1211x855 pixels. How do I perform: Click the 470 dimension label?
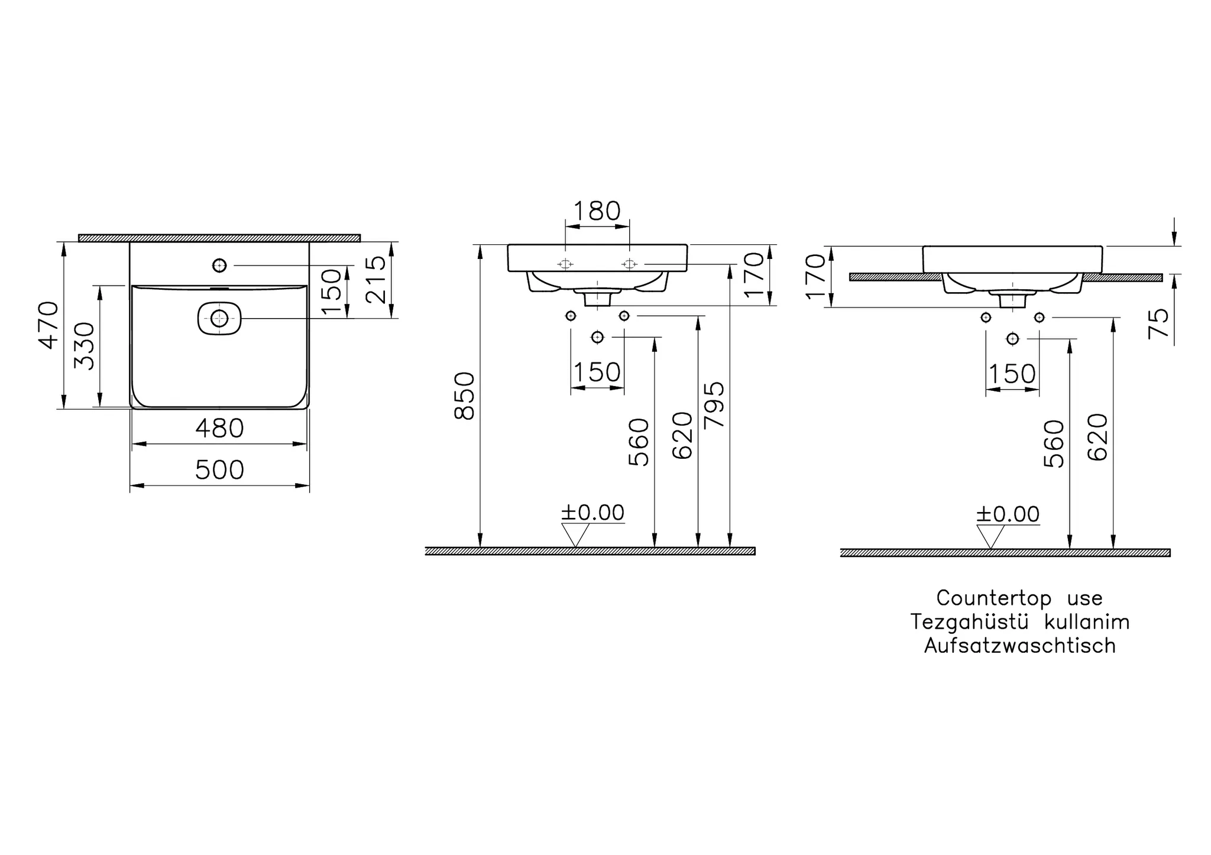49,325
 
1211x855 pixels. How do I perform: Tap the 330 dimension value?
85,346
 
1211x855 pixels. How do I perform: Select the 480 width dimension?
219,429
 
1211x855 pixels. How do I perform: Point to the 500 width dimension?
219,471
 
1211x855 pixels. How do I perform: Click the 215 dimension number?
376,280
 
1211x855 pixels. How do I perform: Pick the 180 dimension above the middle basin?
597,211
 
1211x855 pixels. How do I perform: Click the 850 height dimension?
465,396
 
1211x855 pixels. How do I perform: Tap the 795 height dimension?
715,404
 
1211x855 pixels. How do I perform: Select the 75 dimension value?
1160,323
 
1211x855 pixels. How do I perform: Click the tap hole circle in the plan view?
219,265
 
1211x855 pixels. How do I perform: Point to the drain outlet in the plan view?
219,319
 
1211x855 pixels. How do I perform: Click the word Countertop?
994,598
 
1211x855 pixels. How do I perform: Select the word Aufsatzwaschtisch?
1020,646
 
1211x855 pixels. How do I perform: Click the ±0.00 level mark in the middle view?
592,513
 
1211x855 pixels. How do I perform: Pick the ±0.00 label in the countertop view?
1008,514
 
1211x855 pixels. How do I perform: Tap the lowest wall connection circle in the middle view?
597,337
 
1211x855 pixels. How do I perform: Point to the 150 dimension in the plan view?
332,292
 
